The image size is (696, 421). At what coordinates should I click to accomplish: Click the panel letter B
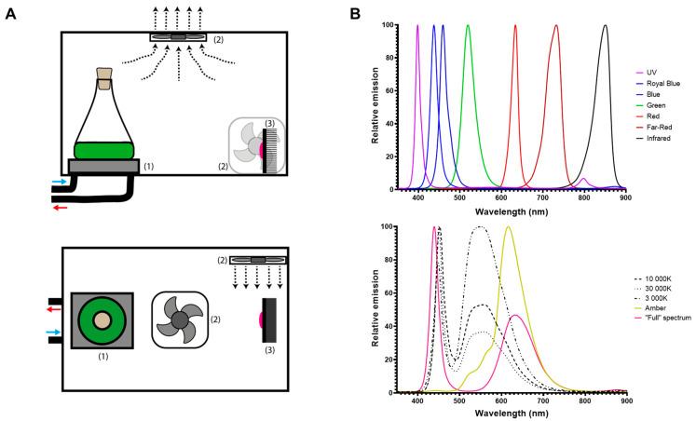click(355, 15)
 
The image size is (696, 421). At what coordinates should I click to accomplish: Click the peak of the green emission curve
click(468, 26)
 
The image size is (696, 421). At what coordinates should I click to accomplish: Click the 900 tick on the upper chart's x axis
click(625, 198)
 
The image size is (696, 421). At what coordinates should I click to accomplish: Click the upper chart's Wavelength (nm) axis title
click(509, 211)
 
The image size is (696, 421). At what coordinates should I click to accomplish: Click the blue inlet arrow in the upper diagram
click(58, 183)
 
